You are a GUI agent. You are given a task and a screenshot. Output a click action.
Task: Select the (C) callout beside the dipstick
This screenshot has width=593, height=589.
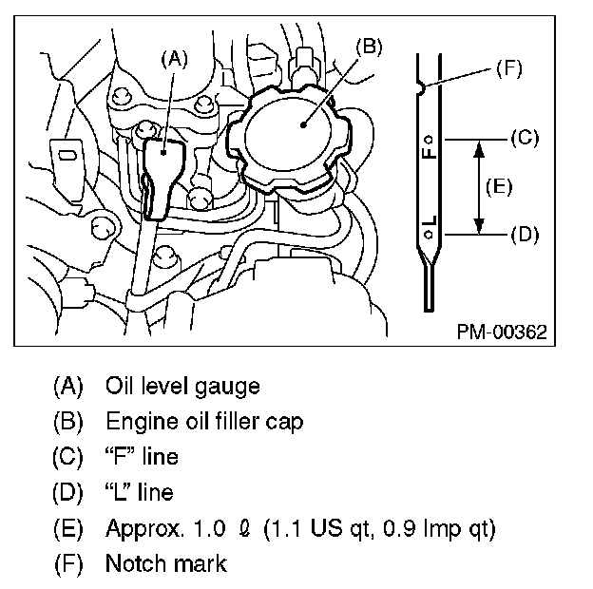point(525,138)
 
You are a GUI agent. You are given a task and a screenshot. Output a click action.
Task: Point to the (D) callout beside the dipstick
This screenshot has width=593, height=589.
point(525,233)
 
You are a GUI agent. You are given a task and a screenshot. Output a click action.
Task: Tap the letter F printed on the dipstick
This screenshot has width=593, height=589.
point(430,149)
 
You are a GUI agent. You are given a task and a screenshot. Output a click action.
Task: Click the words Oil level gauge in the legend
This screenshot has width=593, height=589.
point(182,387)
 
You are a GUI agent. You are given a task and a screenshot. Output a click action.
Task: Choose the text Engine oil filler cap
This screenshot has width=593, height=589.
point(204,422)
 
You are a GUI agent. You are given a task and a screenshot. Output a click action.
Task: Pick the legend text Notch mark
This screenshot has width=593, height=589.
point(166,563)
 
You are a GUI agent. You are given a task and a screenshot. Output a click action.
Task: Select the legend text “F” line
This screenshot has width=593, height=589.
point(142,457)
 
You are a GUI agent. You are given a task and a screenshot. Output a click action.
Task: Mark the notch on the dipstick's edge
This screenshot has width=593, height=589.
point(421,87)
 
